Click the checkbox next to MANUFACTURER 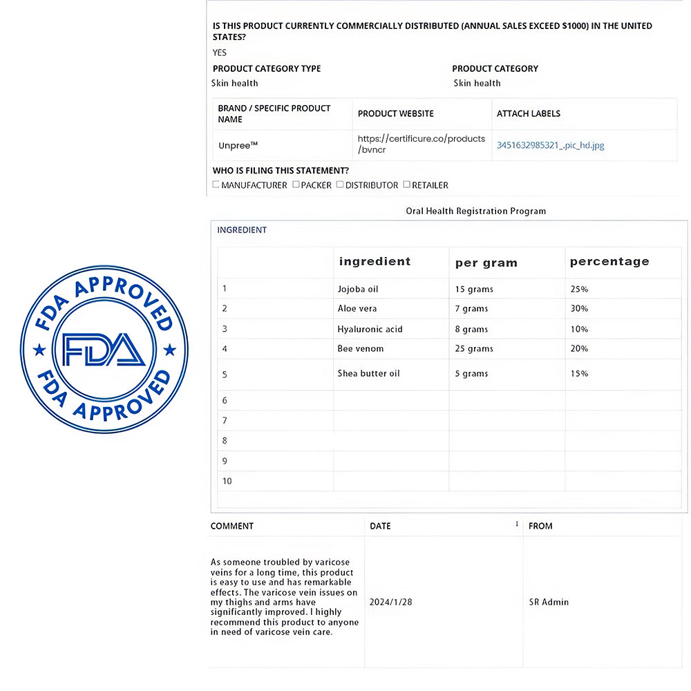pyautogui.click(x=216, y=184)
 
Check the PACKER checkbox pyautogui.click(x=296, y=184)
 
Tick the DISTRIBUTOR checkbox pyautogui.click(x=340, y=184)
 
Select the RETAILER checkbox pyautogui.click(x=406, y=184)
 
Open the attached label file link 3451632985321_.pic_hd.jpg pyautogui.click(x=550, y=145)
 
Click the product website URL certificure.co pyautogui.click(x=421, y=144)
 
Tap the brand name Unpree pyautogui.click(x=238, y=145)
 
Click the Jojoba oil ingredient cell pyautogui.click(x=357, y=289)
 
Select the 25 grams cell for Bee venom pyautogui.click(x=473, y=349)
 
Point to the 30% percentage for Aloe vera pyautogui.click(x=579, y=309)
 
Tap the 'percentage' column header pyautogui.click(x=609, y=261)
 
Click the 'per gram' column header pyautogui.click(x=486, y=263)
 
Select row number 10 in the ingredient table pyautogui.click(x=227, y=481)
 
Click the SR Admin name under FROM pyautogui.click(x=549, y=602)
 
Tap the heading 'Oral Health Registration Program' pyautogui.click(x=475, y=211)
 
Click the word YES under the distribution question pyautogui.click(x=220, y=53)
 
